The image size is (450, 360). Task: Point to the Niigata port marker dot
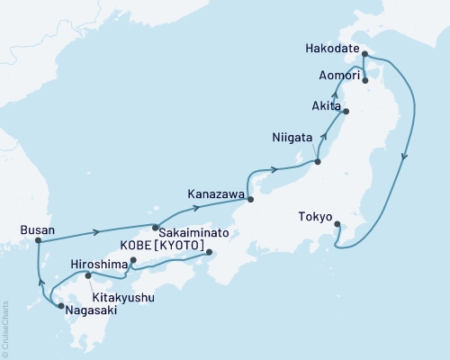[x=318, y=162]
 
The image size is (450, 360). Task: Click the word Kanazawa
[x=214, y=193]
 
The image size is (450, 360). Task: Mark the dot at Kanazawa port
[x=250, y=200]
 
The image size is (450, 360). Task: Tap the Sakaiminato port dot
[x=155, y=227]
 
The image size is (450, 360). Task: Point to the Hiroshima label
[x=99, y=265]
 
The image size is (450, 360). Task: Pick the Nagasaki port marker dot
[x=60, y=307]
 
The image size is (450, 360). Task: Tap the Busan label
[x=37, y=230]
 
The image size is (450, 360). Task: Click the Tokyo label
[x=314, y=216]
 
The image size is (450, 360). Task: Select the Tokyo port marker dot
[x=337, y=225]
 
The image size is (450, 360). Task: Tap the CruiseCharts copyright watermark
[x=4, y=329]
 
